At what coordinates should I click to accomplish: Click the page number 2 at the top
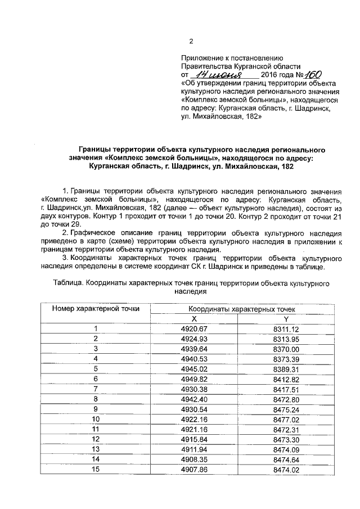(x=191, y=42)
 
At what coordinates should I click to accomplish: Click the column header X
(x=194, y=318)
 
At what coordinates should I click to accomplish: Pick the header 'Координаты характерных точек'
(x=241, y=309)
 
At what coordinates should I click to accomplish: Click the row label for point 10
(x=96, y=418)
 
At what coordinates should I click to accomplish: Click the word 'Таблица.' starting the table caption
(x=67, y=283)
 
